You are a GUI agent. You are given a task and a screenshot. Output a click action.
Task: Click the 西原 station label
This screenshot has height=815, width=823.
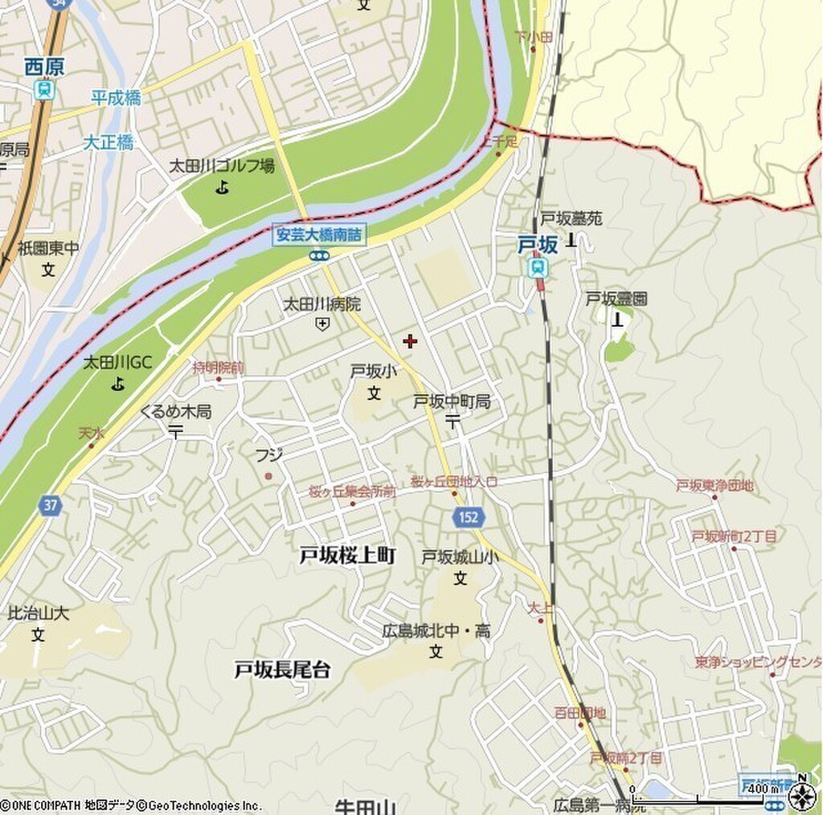coord(44,67)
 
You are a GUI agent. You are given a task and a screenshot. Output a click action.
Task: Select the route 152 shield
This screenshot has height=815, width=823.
coord(468,518)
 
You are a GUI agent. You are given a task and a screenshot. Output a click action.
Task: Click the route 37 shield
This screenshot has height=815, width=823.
coord(50,505)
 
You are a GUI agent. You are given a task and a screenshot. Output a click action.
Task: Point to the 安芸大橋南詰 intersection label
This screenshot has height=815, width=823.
coord(319,235)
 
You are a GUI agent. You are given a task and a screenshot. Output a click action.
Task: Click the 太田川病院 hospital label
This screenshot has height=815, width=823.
coord(321,304)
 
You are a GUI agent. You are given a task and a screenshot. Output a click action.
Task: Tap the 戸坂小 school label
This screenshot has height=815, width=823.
coord(373,371)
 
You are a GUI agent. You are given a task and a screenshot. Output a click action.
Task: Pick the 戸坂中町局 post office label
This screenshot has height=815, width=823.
coord(452,401)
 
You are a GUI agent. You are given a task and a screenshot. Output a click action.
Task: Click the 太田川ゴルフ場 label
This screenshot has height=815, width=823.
coord(222,166)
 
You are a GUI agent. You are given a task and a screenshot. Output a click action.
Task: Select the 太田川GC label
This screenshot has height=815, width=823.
coord(117,363)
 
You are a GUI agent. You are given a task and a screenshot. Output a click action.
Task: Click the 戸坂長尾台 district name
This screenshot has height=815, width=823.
coord(282,670)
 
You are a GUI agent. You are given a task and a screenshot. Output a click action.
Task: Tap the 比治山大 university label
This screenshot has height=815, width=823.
coord(39,614)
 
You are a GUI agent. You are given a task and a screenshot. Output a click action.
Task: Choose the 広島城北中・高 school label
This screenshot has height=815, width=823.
coord(436,632)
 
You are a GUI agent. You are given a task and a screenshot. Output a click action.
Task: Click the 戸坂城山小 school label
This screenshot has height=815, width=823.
coord(460,557)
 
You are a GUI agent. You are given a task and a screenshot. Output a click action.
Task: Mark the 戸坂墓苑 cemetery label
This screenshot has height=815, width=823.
coord(571,218)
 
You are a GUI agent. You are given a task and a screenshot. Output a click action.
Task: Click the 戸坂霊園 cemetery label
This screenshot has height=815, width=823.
coord(616,299)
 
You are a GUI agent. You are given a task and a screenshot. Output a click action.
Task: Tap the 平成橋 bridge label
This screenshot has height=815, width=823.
coord(116,98)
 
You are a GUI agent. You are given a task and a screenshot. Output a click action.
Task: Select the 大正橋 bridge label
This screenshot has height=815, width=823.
coord(108,143)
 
